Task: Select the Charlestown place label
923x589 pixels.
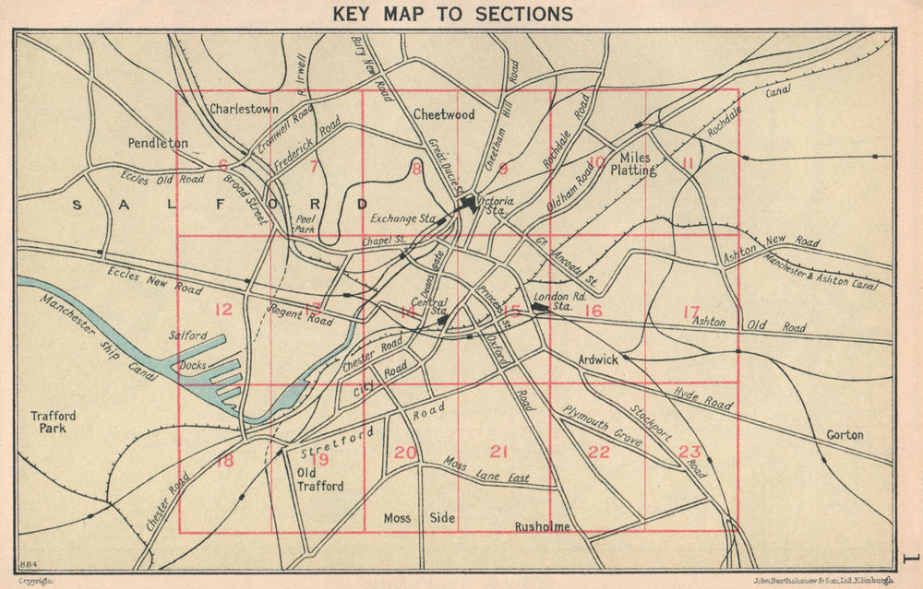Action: [244, 109]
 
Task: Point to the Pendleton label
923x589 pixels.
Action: [157, 144]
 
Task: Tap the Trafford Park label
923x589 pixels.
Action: [53, 422]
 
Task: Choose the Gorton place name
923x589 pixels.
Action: [845, 435]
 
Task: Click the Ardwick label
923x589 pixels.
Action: [597, 360]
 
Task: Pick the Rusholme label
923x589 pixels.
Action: [542, 527]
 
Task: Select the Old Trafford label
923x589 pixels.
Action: [319, 479]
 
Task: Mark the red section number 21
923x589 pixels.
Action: [499, 452]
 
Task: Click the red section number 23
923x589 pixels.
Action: [689, 452]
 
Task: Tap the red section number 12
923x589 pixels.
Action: [223, 310]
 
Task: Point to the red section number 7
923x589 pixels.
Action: [314, 167]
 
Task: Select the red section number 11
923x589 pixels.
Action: [687, 164]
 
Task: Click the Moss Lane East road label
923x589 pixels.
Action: [486, 470]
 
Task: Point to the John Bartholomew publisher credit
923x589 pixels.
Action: [824, 581]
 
